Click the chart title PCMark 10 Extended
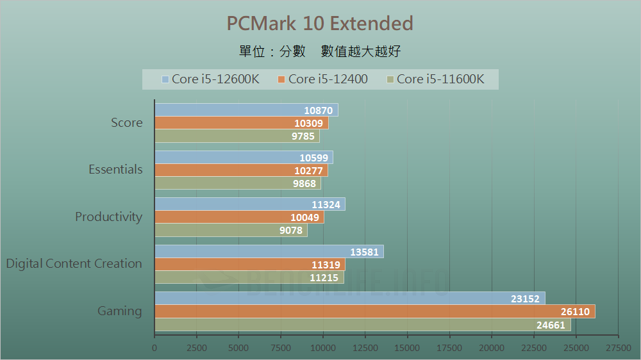pos(320,24)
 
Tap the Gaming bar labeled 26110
pos(374,311)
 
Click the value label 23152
pos(524,299)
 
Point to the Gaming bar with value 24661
pos(362,325)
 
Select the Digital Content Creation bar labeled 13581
pos(269,251)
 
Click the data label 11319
pos(325,265)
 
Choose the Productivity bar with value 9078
pos(231,230)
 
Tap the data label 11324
pos(325,204)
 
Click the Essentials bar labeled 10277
pos(241,170)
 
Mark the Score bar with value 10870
pos(246,110)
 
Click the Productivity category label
pos(108,217)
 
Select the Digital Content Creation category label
pos(74,264)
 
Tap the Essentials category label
pos(115,170)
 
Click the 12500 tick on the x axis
pos(365,348)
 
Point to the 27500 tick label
pos(618,348)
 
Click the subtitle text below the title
pos(320,52)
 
